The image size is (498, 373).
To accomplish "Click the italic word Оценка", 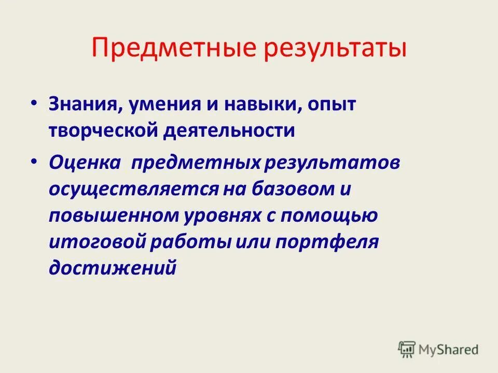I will click(85, 163).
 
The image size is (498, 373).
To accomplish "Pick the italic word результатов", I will click(333, 163).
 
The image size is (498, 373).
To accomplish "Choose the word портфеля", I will click(335, 241).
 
